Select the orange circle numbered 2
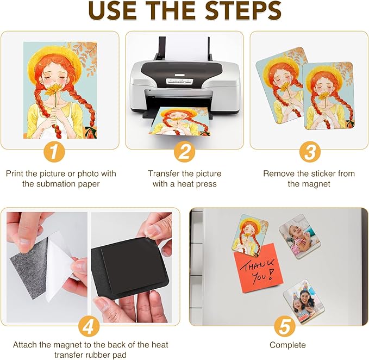[184, 151]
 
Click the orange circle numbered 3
[309, 151]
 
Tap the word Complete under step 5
[287, 345]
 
